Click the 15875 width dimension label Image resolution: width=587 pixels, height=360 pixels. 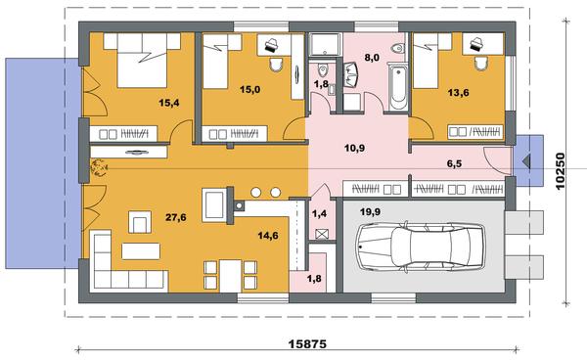pos(307,343)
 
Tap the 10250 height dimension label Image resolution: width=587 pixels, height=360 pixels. pos(560,171)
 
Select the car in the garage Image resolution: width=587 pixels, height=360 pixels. pos(420,247)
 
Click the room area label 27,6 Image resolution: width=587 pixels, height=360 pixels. pos(176,217)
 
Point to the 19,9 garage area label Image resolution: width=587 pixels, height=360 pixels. pos(370,212)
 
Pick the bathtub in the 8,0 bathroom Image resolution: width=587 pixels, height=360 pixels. pos(397,87)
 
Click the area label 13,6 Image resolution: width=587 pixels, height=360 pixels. pos(459,92)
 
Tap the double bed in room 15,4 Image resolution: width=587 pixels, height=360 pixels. pos(142,61)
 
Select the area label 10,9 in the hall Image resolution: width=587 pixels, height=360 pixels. pos(354,148)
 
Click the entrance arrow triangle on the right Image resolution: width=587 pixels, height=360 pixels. pos(526,160)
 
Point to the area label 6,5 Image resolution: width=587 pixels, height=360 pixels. pos(454,163)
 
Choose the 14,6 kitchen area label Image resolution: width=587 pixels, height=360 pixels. pos(268,236)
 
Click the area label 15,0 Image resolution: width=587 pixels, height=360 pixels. pos(250,89)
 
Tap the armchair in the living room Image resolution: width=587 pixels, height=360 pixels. pos(140,222)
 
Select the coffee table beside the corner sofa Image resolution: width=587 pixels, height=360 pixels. pos(141,251)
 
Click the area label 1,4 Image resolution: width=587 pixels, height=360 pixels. pos(319,213)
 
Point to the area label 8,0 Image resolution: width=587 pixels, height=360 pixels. pos(372,58)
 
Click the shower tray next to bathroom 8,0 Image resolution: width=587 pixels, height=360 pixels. pos(325,45)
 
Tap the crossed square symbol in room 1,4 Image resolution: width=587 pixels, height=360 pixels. pos(321,234)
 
